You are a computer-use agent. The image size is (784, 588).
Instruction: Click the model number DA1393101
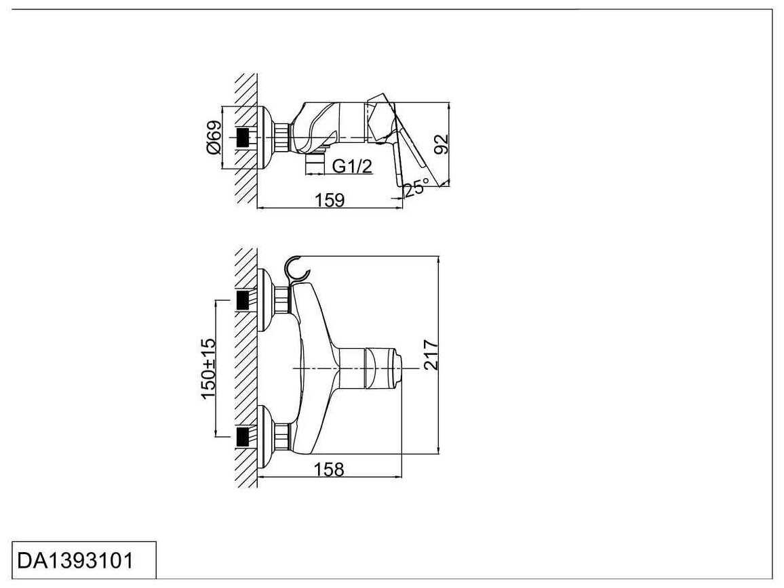point(75,560)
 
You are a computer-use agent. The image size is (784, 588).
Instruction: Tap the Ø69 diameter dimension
point(214,138)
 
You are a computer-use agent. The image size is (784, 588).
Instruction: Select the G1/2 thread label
point(352,167)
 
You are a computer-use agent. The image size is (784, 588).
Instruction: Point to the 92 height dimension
point(442,144)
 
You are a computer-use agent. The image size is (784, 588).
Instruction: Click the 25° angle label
point(416,189)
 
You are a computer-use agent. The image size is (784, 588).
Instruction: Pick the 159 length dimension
point(330,200)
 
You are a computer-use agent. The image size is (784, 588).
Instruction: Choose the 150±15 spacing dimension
point(208,369)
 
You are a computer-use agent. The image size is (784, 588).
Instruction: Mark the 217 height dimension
point(431,355)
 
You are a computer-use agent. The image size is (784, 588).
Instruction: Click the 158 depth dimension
point(329,469)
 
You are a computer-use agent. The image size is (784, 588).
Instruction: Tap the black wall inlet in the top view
point(243,138)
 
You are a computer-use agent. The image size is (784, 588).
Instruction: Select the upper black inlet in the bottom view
point(243,300)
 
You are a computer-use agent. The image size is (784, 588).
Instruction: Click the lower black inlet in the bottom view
point(243,436)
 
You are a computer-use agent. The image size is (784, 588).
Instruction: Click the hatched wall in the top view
point(246,138)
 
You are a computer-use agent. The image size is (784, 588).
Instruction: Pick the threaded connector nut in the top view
point(283,138)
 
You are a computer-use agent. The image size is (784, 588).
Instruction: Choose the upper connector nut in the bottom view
point(282,300)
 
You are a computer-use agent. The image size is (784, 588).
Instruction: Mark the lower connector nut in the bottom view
point(282,436)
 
